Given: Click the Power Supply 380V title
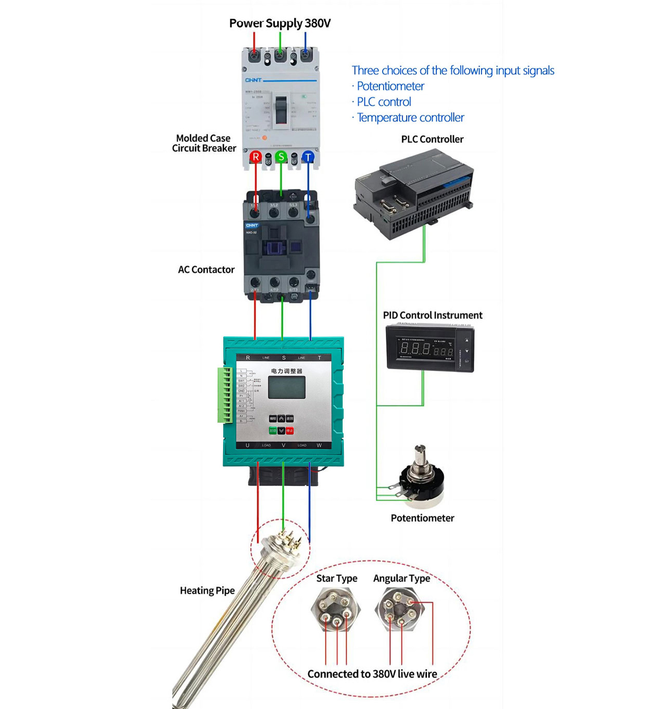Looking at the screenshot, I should coord(280,23).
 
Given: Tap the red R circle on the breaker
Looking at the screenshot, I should coord(255,156).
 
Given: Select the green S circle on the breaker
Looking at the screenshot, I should coord(281,156).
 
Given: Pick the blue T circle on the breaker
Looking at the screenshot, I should coord(308,156).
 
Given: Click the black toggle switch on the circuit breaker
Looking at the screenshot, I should coord(281,109).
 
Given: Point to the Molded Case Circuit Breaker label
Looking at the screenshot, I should coord(204,143).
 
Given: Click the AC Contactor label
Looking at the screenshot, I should coord(206,270).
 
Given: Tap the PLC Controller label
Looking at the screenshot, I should coord(432,139).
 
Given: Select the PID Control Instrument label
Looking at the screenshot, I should coord(432,315).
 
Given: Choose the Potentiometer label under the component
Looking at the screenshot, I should coord(422,518).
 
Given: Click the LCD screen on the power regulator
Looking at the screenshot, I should coord(286,388).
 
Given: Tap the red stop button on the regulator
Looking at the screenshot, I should coord(290,431).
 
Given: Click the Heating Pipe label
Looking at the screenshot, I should coord(207,590).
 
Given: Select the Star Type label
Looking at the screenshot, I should coord(337,578).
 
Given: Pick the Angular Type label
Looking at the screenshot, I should coord(402,578).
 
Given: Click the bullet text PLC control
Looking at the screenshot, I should coord(384,102).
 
